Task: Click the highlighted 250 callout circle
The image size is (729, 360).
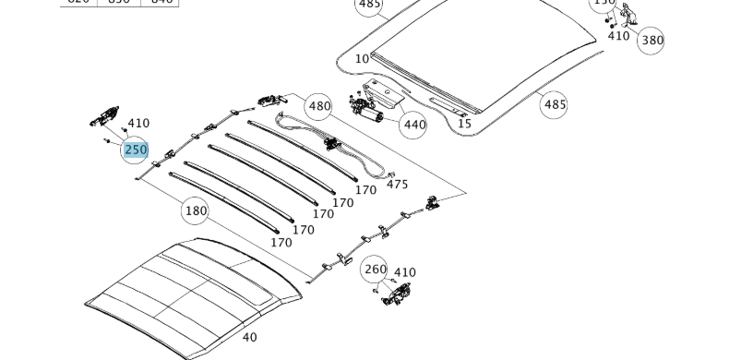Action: (136, 150)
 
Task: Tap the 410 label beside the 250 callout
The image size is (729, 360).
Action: (138, 123)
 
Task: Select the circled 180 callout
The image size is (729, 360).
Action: (197, 210)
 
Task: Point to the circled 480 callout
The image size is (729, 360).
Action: (318, 105)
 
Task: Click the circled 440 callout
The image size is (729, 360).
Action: (414, 125)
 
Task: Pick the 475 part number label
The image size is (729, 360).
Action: (397, 185)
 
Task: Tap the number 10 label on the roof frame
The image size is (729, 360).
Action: (362, 59)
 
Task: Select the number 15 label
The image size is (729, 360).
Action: (464, 124)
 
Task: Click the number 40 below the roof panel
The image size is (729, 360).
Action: (249, 337)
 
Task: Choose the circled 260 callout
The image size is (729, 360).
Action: (376, 270)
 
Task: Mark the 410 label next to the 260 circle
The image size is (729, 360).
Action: (404, 272)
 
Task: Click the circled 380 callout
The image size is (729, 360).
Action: (651, 40)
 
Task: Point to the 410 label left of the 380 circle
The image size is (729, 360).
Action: (618, 36)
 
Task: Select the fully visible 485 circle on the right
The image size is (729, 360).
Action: (555, 104)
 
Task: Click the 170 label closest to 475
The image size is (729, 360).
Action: (365, 190)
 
